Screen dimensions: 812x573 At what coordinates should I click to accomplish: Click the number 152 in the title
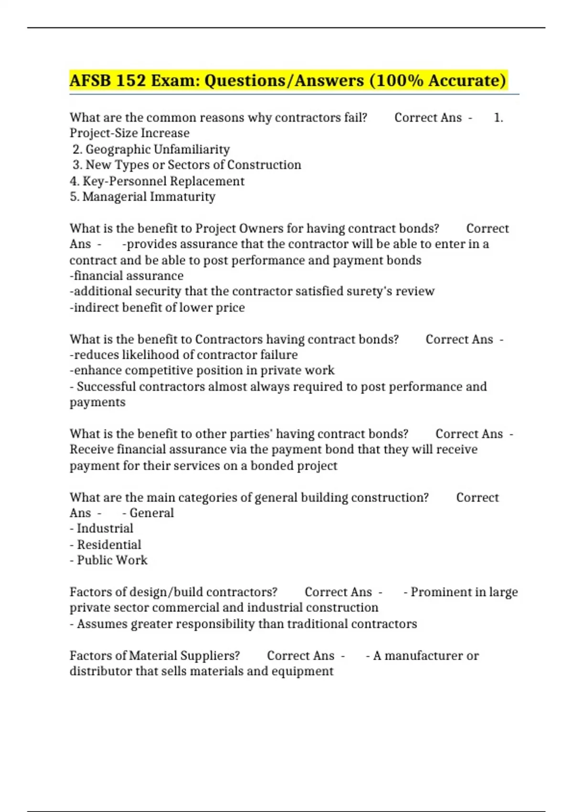(x=130, y=80)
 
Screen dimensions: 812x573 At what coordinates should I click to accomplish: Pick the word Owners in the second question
(x=261, y=228)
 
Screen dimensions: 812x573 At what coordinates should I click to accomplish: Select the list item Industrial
(x=105, y=529)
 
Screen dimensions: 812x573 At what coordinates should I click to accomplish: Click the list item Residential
(x=109, y=545)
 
